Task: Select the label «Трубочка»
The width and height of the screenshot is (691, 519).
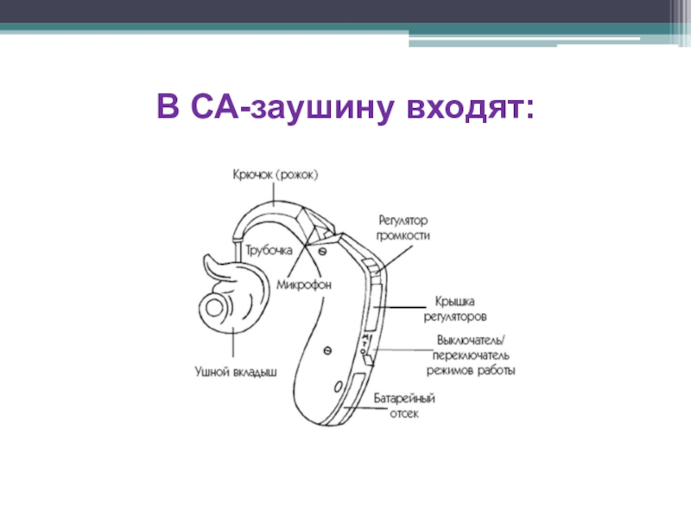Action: coord(265,250)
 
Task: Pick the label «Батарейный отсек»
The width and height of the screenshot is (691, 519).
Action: coord(403,407)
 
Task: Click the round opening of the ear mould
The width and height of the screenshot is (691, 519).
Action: coord(212,305)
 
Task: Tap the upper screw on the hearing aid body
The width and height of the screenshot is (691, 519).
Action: coord(322,251)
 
